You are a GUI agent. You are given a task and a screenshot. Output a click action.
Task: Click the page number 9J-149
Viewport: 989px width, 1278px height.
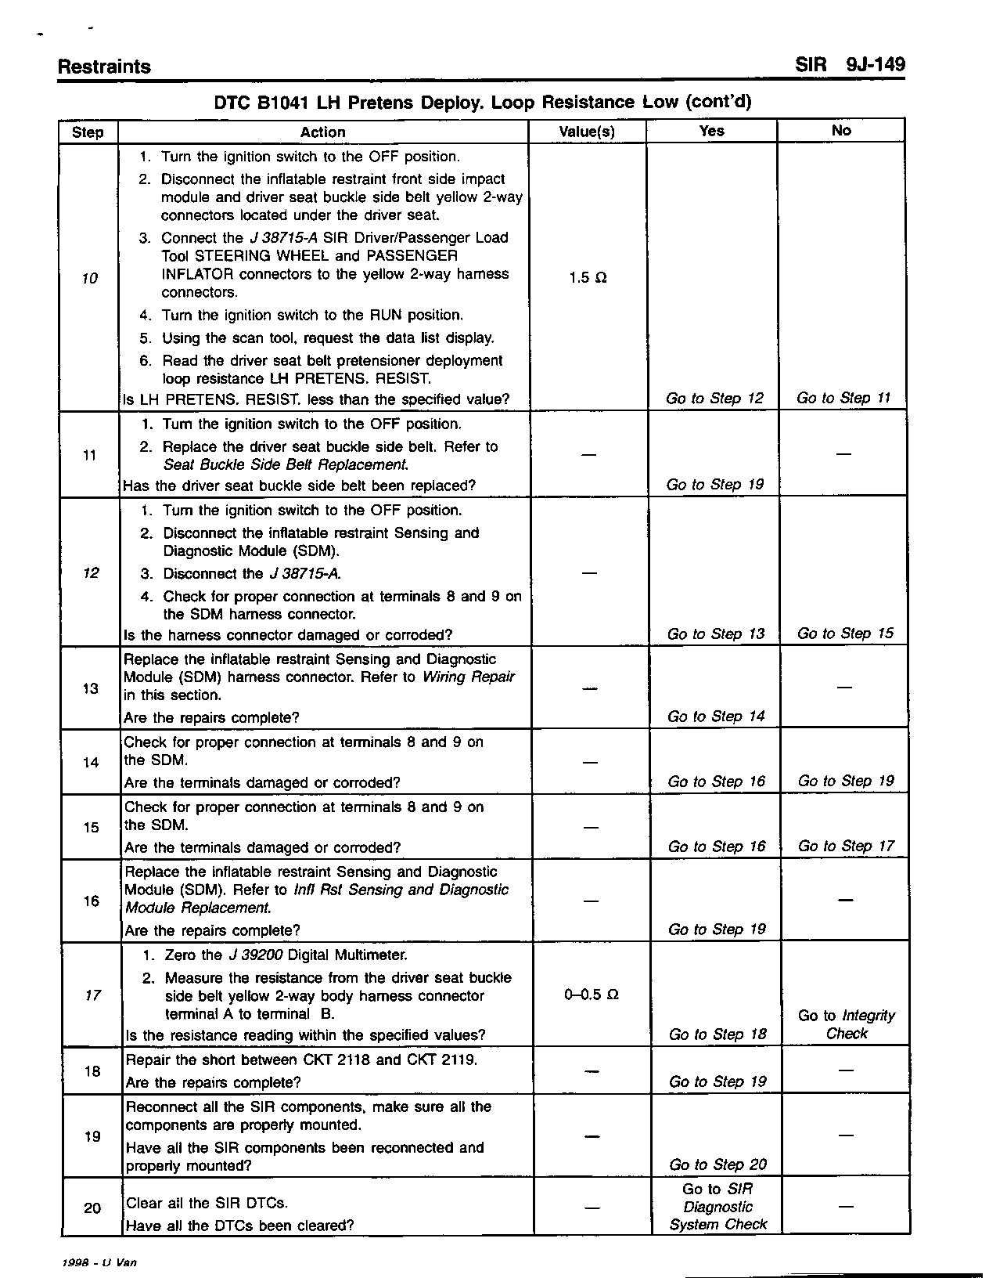[x=875, y=65]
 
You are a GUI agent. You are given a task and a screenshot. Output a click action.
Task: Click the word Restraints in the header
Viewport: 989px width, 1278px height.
[x=104, y=67]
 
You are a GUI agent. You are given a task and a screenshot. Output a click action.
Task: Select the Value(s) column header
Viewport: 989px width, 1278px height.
[x=587, y=132]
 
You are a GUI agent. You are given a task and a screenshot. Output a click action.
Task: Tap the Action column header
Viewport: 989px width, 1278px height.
[x=322, y=132]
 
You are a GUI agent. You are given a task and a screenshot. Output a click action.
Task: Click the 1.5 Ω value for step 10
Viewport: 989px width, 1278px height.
[x=587, y=278]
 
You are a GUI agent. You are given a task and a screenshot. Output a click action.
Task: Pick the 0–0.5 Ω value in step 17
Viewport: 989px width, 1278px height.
[x=591, y=995]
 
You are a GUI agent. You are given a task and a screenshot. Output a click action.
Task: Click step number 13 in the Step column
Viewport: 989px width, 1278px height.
[x=91, y=688]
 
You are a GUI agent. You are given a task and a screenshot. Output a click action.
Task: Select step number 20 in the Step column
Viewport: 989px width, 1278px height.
[x=92, y=1208]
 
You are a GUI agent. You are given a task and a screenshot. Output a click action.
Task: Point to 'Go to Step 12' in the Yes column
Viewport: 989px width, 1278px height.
[x=714, y=398]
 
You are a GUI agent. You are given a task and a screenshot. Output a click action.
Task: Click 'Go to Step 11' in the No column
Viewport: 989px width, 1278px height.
[x=843, y=398]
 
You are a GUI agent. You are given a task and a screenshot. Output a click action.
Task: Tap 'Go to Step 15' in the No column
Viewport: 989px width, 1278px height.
[x=845, y=633]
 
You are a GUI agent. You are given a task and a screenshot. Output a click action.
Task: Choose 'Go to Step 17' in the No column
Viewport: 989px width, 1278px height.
[x=846, y=846]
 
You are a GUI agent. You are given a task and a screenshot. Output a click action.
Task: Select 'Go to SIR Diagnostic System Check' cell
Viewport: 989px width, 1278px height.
[x=717, y=1207]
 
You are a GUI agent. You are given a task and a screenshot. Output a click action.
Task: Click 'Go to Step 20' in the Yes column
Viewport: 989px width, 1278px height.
[x=717, y=1164]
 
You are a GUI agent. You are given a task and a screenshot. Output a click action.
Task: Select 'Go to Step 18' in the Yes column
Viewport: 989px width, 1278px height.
[x=717, y=1034]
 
